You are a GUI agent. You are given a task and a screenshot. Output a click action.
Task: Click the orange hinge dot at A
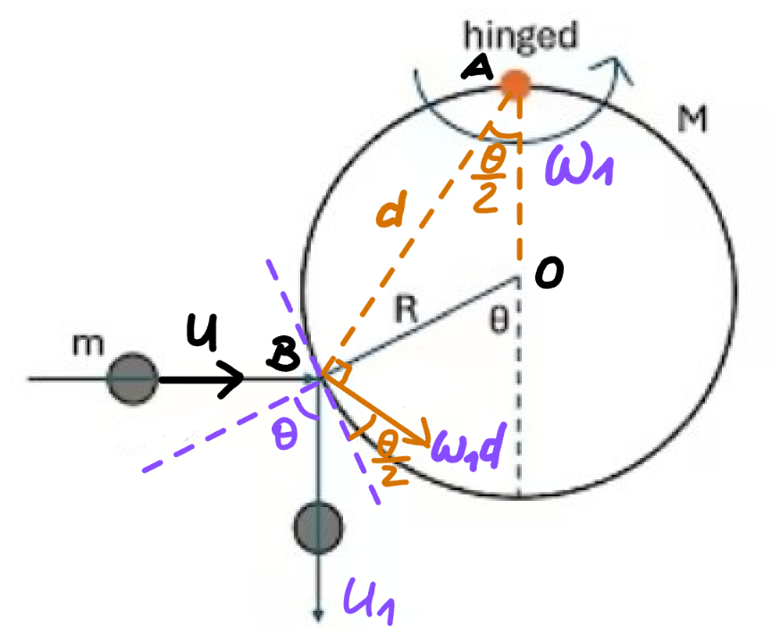[515, 84]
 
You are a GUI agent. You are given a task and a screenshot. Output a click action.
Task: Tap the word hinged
[520, 36]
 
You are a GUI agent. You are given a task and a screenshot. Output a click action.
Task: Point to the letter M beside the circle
[692, 119]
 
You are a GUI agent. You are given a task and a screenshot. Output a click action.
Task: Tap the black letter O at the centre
[550, 272]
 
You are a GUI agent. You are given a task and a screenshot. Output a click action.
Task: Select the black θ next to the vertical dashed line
[499, 320]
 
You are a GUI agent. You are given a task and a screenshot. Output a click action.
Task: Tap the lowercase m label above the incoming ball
[88, 344]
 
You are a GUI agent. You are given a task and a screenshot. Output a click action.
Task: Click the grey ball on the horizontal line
[133, 378]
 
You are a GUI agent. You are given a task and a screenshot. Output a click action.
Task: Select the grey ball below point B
[318, 529]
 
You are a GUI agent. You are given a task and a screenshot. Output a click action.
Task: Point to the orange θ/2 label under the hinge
[490, 180]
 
